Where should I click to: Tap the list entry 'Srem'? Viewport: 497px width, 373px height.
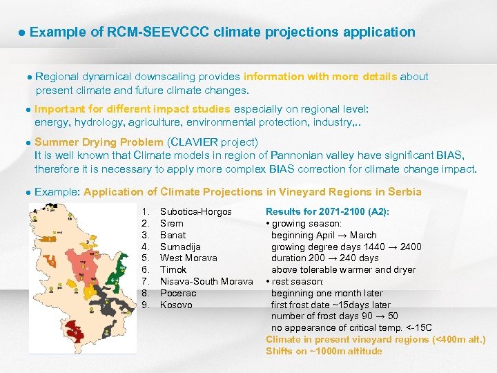coord(172,223)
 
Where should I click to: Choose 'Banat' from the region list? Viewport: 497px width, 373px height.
coord(173,235)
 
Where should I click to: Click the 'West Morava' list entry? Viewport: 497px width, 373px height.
coord(188,258)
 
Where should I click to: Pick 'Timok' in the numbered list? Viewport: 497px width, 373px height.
coord(173,269)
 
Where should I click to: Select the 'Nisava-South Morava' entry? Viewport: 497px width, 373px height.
coord(206,281)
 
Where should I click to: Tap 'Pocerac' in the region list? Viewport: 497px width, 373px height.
coord(178,293)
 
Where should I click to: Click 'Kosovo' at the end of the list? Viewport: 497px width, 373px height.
coord(176,305)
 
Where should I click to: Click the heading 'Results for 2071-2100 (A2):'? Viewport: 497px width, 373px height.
coord(327,211)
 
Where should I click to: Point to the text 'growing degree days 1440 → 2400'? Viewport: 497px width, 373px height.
coord(346,247)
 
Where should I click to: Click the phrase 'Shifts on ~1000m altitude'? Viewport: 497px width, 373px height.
coord(324,351)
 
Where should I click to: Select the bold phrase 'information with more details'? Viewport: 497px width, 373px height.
coord(320,77)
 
